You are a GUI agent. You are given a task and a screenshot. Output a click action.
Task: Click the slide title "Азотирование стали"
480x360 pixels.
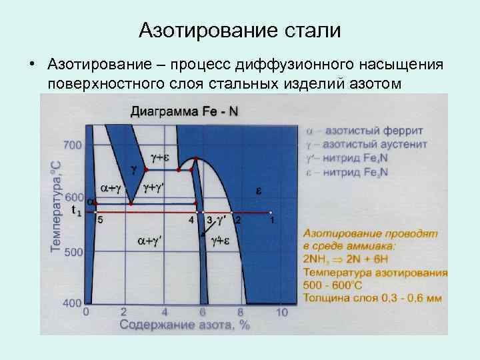239,31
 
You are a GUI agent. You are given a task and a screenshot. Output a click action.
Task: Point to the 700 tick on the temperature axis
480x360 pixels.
72,144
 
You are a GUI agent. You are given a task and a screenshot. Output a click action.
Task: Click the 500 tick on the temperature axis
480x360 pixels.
72,252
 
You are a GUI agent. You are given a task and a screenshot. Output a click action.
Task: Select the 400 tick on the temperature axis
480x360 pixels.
72,303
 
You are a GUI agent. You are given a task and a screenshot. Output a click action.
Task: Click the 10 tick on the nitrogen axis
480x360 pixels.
282,312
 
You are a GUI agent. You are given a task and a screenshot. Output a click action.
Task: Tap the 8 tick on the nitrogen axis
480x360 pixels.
240,312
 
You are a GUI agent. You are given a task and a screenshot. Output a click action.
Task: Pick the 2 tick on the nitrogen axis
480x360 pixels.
123,312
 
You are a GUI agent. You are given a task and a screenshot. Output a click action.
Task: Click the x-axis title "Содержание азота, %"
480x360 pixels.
185,325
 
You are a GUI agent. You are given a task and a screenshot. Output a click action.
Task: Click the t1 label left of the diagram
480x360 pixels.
76,211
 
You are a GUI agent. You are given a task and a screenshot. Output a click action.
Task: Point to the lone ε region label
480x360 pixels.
259,191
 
